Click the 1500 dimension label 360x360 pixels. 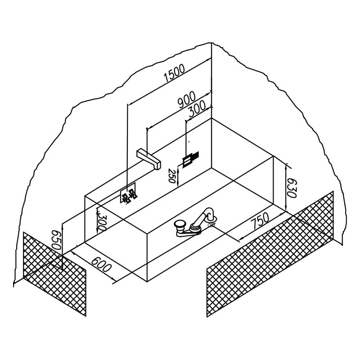(174, 73)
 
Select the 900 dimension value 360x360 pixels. (187, 99)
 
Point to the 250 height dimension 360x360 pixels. (172, 175)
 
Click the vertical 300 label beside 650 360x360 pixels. (102, 223)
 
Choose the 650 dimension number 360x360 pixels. (56, 240)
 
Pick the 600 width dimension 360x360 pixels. (102, 264)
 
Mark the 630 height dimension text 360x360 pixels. (292, 188)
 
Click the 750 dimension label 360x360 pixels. (260, 220)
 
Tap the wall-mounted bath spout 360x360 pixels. (149, 159)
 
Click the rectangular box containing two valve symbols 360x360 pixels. (128, 193)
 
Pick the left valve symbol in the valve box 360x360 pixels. (126, 198)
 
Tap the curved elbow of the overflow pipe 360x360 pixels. (210, 213)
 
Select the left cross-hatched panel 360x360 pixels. (54, 274)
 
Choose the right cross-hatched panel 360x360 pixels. (270, 254)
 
